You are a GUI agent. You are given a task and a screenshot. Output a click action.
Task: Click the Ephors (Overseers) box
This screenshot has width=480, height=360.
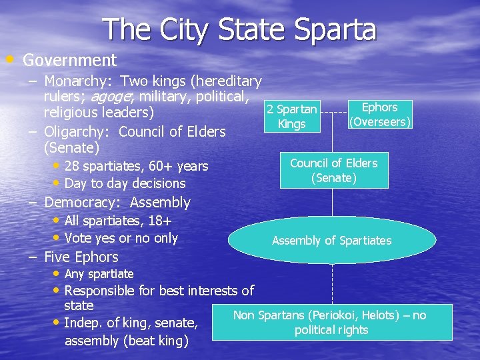click(379, 115)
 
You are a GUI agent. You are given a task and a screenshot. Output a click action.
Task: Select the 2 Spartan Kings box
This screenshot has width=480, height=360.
click(291, 117)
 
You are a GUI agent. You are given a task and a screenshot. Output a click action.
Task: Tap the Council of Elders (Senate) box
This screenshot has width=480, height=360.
click(333, 171)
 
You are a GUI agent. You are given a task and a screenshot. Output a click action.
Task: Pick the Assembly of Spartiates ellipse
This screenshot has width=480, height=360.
click(332, 241)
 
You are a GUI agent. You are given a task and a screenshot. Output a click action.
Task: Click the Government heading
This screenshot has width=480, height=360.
click(69, 60)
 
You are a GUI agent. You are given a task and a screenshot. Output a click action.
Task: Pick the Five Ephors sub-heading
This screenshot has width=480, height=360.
click(81, 257)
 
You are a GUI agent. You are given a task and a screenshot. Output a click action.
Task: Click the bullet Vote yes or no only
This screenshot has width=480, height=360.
click(121, 238)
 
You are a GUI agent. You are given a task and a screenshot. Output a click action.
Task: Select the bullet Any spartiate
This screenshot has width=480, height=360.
click(99, 274)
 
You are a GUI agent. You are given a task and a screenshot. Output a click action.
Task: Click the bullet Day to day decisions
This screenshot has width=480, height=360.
click(125, 183)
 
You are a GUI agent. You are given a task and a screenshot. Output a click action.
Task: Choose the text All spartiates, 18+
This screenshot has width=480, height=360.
click(118, 221)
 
